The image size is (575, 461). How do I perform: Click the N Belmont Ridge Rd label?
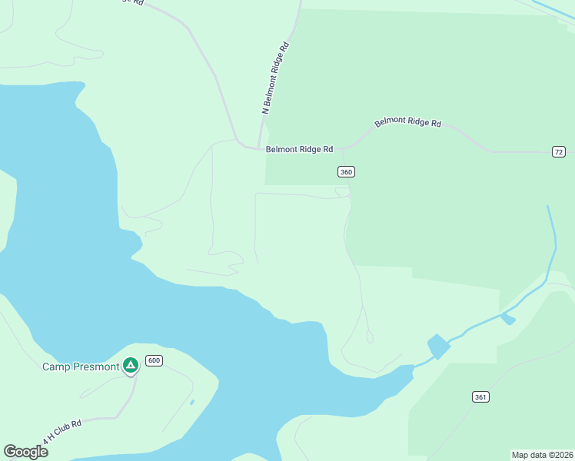coord(274,78)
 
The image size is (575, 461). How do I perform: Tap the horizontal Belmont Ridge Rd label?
coord(299,150)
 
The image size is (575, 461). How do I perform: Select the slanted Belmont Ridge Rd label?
coord(407,123)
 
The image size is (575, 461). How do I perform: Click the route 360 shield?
coord(346,171)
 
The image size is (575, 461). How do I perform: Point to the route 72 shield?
coord(558,151)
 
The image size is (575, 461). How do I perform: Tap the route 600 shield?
coord(154,360)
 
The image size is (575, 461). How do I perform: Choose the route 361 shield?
coord(480,396)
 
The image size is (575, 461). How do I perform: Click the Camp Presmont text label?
coord(81,366)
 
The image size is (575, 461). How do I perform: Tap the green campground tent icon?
coord(131,365)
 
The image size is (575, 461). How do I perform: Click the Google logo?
coord(25,451)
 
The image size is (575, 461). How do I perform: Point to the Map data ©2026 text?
coord(542,455)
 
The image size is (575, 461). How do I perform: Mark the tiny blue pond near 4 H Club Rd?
coord(191,402)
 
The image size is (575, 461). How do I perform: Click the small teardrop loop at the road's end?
coord(370,337)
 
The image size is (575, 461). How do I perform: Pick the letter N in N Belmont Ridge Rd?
coord(266,111)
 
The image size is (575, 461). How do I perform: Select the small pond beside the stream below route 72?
coord(507,318)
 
